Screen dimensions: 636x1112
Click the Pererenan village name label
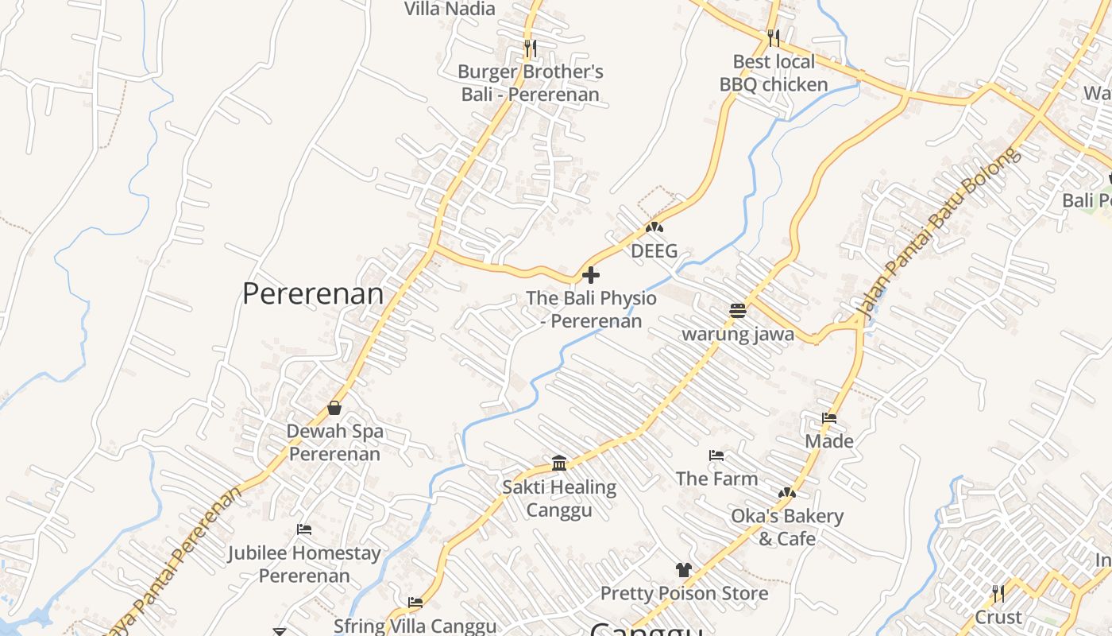313,293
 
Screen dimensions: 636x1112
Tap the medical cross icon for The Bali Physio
591,276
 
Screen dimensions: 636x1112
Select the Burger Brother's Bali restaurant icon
531,48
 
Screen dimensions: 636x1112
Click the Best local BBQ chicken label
774,73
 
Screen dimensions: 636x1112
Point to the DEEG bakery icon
654,228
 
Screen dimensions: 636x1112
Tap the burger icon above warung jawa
737,311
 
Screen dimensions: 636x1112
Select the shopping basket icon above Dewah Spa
334,408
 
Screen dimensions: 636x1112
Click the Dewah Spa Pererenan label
335,443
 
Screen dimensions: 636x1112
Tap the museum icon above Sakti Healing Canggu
559,463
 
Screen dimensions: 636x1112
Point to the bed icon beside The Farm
716,456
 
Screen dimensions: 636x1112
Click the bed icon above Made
829,418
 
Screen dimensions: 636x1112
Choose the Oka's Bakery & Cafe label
787,527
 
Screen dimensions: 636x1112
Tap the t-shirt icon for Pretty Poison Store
683,569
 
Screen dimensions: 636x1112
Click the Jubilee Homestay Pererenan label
304,564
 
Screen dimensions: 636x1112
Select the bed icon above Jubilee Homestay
304,529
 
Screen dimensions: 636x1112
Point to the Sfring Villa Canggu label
415,626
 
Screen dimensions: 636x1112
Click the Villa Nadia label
450,9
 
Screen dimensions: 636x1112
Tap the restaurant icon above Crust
998,593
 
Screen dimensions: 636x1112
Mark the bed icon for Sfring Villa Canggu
415,603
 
